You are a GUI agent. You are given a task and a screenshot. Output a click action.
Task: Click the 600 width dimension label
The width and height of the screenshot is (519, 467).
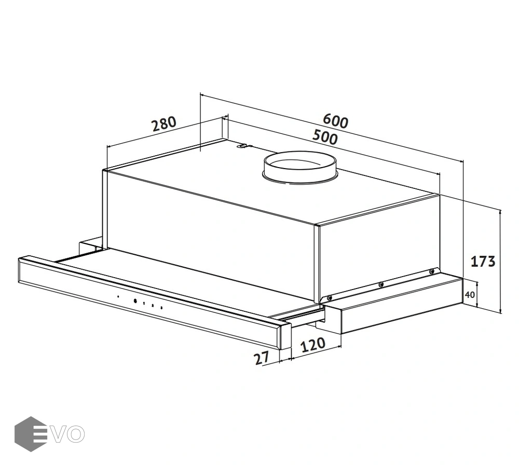tap(335, 120)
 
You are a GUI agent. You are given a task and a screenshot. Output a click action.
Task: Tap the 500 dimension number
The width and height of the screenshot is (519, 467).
tap(325, 137)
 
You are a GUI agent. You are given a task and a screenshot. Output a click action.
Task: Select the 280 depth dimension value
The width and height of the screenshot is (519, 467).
tap(163, 124)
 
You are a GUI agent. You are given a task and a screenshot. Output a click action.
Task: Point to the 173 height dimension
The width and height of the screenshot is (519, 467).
tap(483, 262)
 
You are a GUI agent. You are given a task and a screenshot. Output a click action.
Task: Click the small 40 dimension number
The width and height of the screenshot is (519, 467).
tap(470, 295)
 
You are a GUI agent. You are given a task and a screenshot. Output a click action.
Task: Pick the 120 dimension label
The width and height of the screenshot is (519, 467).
tap(313, 345)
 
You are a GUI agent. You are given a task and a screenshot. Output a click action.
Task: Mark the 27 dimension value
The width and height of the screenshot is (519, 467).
tap(262, 358)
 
